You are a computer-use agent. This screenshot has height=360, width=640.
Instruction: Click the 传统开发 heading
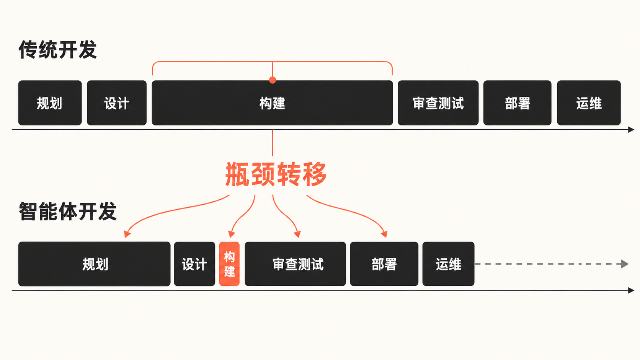click(58, 50)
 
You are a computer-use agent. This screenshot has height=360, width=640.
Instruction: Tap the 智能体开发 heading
click(68, 211)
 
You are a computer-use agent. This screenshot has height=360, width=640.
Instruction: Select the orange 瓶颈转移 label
click(276, 174)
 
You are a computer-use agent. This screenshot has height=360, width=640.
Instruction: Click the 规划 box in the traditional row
click(50, 103)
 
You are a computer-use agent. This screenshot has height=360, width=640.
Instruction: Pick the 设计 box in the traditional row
click(117, 103)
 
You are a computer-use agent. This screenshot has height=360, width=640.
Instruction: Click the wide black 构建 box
click(272, 103)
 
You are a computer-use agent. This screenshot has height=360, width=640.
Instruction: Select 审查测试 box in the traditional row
click(438, 103)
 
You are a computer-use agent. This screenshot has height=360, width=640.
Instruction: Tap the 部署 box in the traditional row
click(518, 103)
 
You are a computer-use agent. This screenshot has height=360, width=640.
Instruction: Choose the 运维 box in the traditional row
click(589, 103)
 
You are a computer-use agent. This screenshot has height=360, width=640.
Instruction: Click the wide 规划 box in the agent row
click(94, 264)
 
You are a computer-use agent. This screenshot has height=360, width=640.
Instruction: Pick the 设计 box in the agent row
click(194, 264)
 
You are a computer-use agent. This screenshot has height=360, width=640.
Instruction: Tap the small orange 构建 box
click(229, 264)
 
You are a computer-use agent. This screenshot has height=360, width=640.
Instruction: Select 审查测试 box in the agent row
click(296, 264)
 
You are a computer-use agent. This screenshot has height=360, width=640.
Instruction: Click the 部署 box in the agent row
click(384, 264)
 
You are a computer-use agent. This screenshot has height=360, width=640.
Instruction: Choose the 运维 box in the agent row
click(449, 264)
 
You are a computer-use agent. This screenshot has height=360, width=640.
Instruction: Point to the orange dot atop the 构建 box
click(273, 80)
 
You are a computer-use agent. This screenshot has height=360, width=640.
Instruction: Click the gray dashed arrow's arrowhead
click(625, 264)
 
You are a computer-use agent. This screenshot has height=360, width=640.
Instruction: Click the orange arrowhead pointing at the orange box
click(232, 235)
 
